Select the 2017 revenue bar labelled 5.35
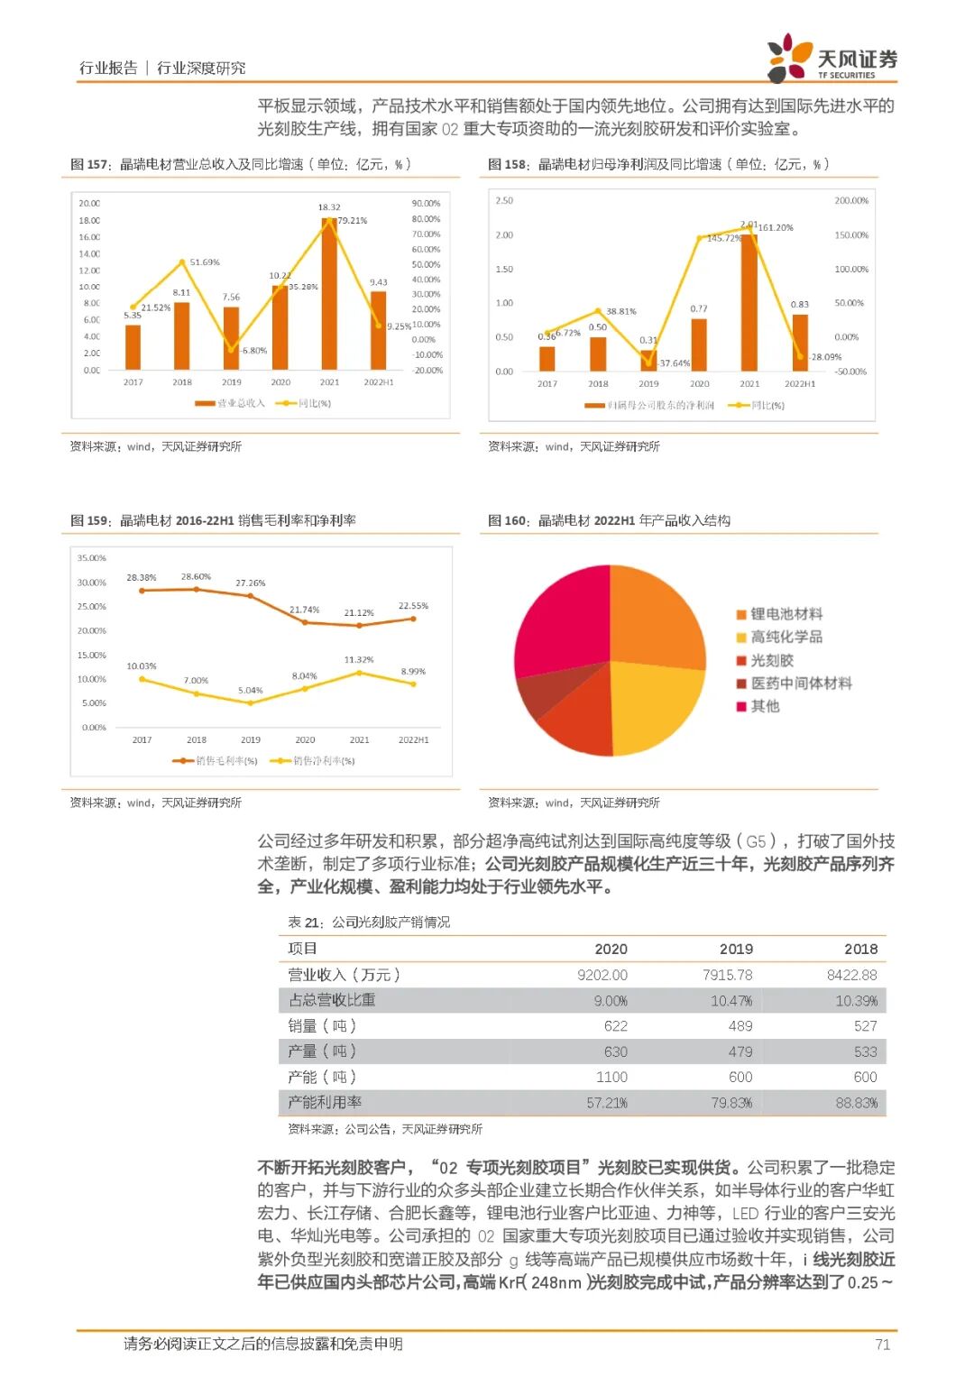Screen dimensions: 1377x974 pyautogui.click(x=133, y=347)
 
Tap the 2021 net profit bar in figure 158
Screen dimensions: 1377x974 pyautogui.click(x=749, y=303)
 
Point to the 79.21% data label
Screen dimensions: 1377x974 pyautogui.click(x=353, y=220)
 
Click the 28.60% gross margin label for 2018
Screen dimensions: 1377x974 pyautogui.click(x=196, y=576)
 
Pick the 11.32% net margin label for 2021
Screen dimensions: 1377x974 pyautogui.click(x=359, y=659)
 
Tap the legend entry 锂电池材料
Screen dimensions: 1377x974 pyautogui.click(x=786, y=614)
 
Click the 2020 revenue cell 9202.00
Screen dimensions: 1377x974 pyautogui.click(x=602, y=975)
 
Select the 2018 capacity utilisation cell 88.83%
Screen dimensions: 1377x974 pyautogui.click(x=857, y=1103)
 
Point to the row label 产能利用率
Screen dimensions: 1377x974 pyautogui.click(x=325, y=1102)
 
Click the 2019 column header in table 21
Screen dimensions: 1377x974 pyautogui.click(x=736, y=949)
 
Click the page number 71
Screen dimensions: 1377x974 pyautogui.click(x=883, y=1345)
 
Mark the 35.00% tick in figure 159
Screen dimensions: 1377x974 pyautogui.click(x=92, y=558)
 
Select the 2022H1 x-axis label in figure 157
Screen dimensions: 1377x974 pyautogui.click(x=379, y=382)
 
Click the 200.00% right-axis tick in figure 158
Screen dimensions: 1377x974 pyautogui.click(x=851, y=200)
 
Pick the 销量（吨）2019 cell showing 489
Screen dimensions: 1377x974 pyautogui.click(x=740, y=1026)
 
